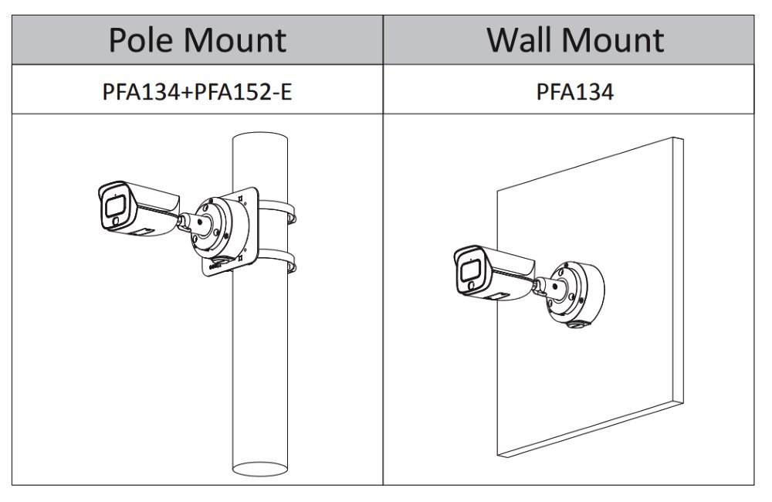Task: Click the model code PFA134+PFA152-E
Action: [197, 92]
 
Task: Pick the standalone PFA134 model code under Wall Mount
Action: [575, 92]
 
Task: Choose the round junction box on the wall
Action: [575, 293]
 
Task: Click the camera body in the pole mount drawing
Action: [147, 205]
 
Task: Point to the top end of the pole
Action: [260, 143]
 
